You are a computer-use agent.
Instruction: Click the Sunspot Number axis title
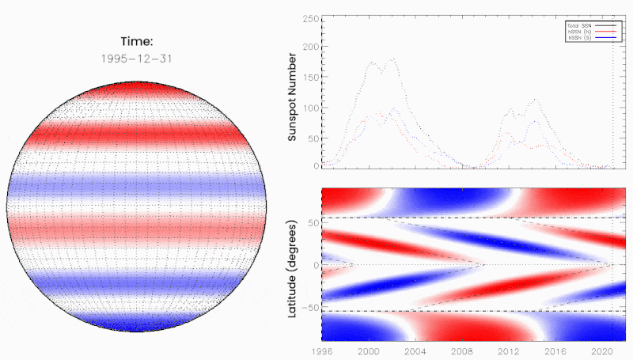pyautogui.click(x=293, y=97)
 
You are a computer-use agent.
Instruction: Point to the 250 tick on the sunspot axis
pyautogui.click(x=310, y=17)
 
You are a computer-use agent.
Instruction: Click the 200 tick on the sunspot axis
pyautogui.click(x=310, y=47)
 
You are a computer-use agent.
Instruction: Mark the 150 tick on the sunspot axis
pyautogui.click(x=310, y=77)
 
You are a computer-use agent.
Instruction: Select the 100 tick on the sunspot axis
pyautogui.click(x=310, y=107)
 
